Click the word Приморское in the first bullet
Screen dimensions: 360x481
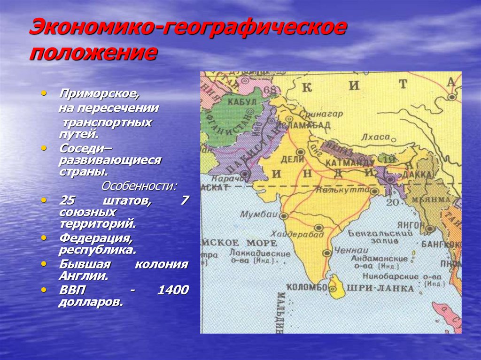pyautogui.click(x=99, y=93)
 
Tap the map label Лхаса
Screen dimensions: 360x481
pyautogui.click(x=375, y=137)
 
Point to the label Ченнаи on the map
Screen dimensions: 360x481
pyautogui.click(x=352, y=250)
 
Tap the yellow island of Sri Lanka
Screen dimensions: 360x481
pyautogui.click(x=336, y=287)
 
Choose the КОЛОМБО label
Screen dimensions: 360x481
pyautogui.click(x=306, y=287)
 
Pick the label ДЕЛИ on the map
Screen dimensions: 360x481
pyautogui.click(x=292, y=159)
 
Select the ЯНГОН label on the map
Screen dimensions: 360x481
pyautogui.click(x=411, y=225)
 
